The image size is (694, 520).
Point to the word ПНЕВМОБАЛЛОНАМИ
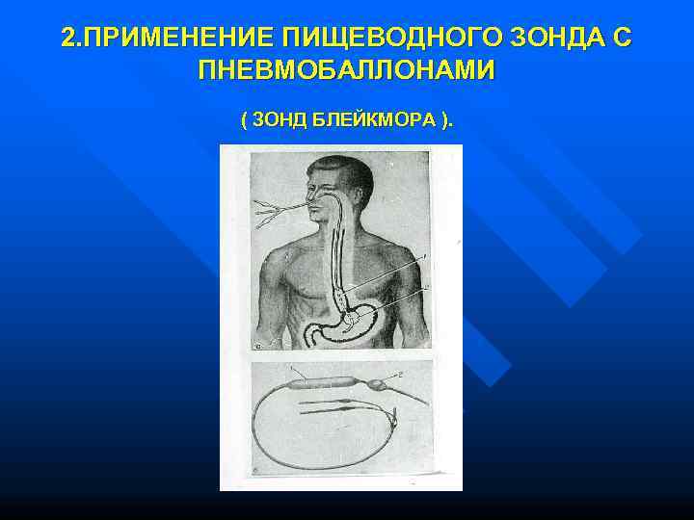coord(347,69)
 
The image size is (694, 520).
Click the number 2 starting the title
coord(67,39)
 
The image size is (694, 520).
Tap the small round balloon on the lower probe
coord(377,384)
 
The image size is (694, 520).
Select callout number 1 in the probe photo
coord(292,369)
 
